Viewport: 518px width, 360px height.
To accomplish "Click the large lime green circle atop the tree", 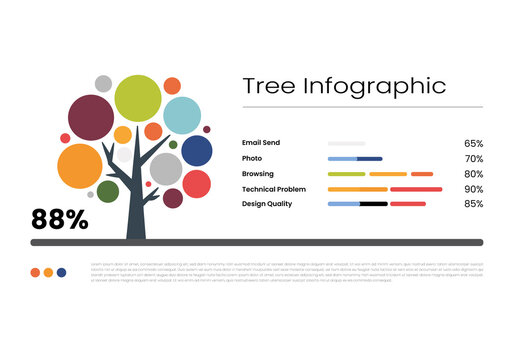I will (138, 98).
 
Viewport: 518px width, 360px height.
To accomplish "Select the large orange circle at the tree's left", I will (80, 167).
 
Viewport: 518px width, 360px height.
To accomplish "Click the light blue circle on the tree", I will (182, 115).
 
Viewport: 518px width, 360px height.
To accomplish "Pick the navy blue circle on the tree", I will (197, 151).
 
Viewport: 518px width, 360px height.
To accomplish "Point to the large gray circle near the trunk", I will (166, 169).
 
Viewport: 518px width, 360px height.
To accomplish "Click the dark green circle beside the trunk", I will (108, 191).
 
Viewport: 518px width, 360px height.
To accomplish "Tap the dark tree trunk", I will (137, 215).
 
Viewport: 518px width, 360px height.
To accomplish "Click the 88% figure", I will (59, 220).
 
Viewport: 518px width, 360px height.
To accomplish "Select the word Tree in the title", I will (270, 86).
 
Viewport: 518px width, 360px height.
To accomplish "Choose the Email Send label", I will (261, 143).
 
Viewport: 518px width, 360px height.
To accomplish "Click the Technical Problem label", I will (273, 189).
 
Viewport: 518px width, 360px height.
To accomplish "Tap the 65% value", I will (473, 144).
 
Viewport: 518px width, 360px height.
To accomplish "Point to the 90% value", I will (473, 189).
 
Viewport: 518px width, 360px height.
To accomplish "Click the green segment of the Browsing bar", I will (346, 174).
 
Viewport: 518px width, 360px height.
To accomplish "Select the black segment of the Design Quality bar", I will (373, 204).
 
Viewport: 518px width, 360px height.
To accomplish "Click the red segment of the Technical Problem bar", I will (416, 189).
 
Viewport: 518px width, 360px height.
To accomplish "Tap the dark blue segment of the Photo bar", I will (370, 159).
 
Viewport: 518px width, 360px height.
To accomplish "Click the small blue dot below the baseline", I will (62, 272).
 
